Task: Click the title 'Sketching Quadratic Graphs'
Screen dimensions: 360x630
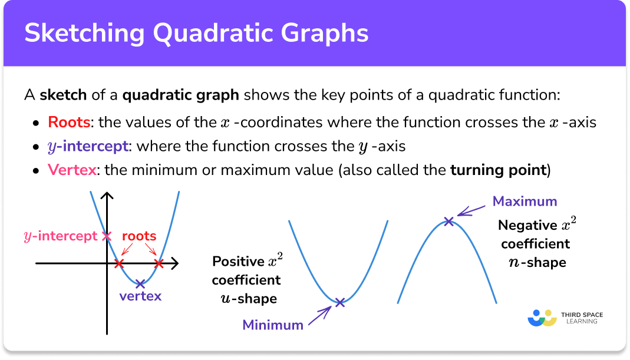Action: [x=196, y=33]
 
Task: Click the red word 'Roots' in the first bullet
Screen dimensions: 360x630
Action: [x=69, y=123]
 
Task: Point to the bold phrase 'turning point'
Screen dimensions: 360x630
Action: [x=497, y=170]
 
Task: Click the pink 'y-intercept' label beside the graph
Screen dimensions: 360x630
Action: [x=60, y=236]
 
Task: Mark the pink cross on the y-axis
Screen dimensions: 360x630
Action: [x=107, y=236]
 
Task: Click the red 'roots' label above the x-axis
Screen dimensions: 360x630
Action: [x=139, y=236]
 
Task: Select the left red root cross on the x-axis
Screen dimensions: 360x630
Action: [x=120, y=263]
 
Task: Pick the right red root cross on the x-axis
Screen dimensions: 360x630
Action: [x=158, y=263]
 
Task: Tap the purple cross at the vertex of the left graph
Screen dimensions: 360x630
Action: [x=140, y=283]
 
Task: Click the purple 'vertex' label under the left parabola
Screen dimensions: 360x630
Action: [x=140, y=296]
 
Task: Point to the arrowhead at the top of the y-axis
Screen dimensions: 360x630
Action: [x=107, y=196]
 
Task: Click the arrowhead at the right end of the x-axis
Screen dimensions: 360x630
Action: [x=175, y=263]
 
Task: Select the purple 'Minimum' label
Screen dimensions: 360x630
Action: [x=273, y=325]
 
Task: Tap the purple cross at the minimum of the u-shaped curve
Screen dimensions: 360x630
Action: [x=340, y=303]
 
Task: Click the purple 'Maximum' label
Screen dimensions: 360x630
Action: [x=525, y=202]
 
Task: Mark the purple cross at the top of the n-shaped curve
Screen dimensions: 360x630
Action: [x=448, y=222]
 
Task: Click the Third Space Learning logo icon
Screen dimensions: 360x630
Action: [x=542, y=318]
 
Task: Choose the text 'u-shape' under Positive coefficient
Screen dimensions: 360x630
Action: [x=246, y=299]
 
